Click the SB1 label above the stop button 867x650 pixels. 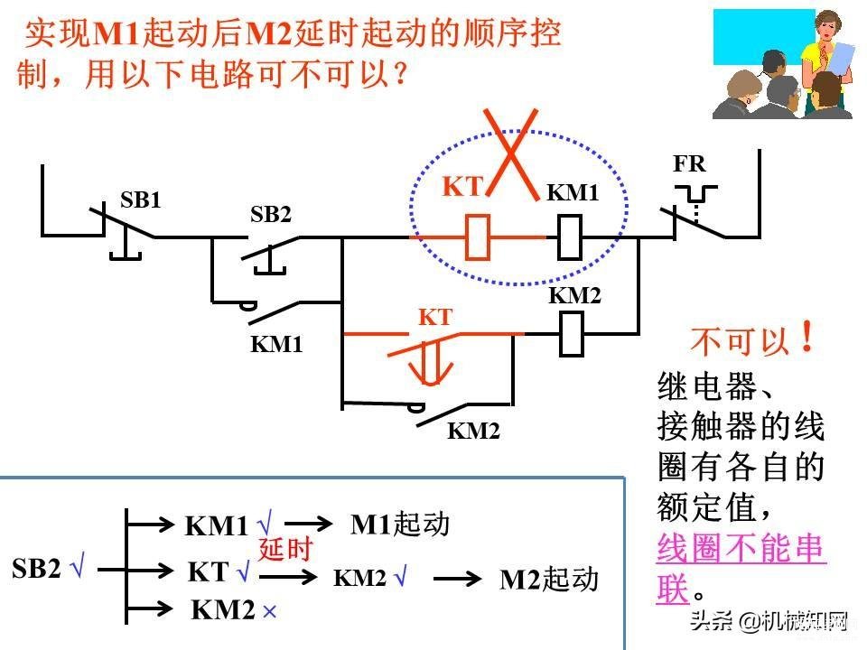click(x=141, y=200)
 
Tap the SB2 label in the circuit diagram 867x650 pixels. click(x=270, y=214)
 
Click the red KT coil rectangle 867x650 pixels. click(x=477, y=237)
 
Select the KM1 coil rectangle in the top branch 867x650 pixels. click(x=569, y=237)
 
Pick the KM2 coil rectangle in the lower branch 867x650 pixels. click(x=572, y=334)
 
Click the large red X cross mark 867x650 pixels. click(x=511, y=153)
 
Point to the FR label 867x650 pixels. click(x=689, y=163)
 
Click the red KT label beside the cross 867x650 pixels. click(x=462, y=186)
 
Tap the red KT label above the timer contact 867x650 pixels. click(x=435, y=317)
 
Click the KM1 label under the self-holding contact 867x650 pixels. click(x=276, y=344)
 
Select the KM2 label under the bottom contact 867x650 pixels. click(x=473, y=431)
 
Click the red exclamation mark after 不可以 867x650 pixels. click(x=807, y=336)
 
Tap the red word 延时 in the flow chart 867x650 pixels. click(x=285, y=549)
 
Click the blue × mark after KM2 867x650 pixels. click(x=269, y=611)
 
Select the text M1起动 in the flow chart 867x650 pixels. click(x=400, y=524)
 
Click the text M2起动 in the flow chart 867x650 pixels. click(x=549, y=580)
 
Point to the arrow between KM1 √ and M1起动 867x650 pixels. click(x=308, y=523)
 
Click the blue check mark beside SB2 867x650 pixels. click(x=77, y=567)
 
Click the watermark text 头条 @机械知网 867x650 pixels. click(x=769, y=621)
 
